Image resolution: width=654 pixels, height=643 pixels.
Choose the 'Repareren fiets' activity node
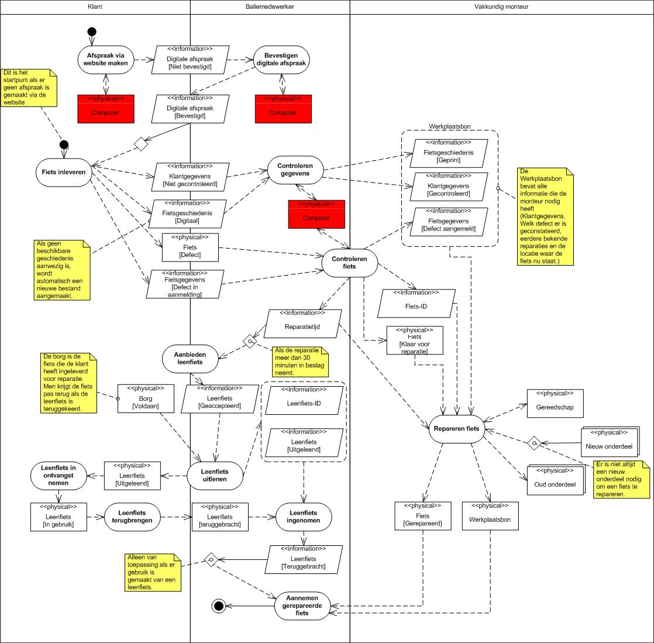(x=457, y=428)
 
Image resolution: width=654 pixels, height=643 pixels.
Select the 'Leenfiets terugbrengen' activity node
(x=133, y=517)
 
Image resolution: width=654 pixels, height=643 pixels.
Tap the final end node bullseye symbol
(x=219, y=606)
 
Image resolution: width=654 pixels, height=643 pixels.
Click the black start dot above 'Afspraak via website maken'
(x=92, y=32)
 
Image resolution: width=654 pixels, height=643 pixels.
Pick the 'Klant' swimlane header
(x=94, y=6)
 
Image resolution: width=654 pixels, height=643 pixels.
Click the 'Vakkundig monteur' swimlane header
(x=501, y=6)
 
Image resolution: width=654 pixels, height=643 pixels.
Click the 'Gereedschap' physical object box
(x=555, y=404)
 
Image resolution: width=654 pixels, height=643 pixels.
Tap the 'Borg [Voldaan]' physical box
(x=146, y=398)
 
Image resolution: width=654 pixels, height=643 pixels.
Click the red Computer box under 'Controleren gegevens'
(x=316, y=214)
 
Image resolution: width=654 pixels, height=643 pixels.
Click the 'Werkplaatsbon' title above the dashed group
(x=450, y=126)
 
